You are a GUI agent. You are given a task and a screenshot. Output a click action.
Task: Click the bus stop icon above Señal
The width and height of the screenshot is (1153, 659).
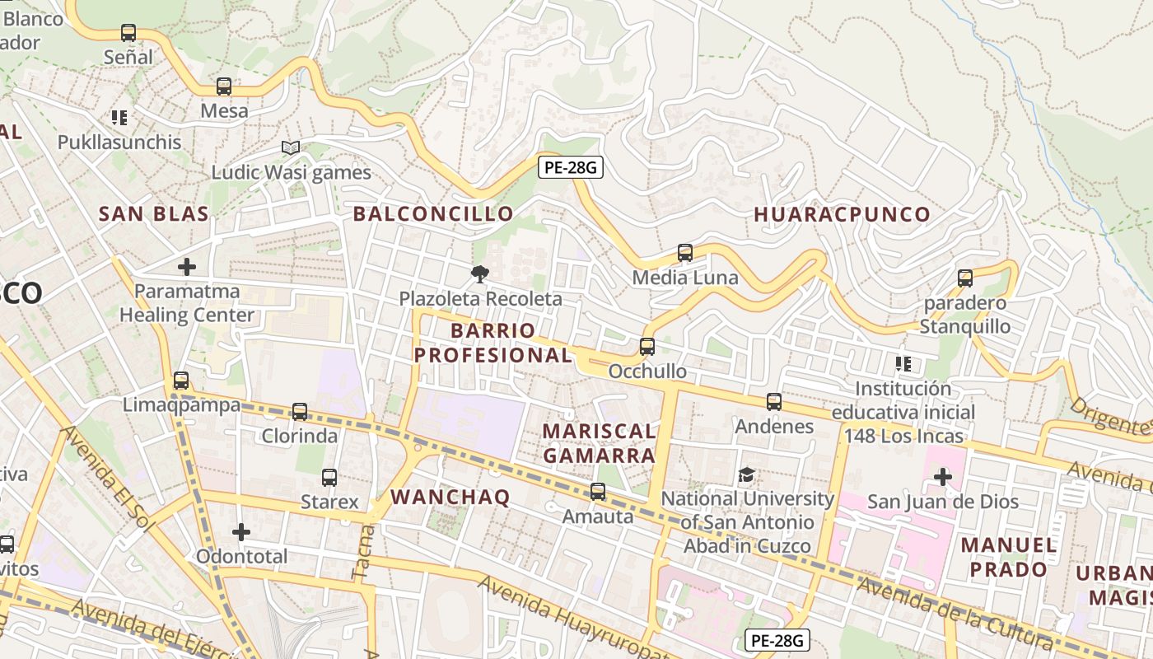point(128,33)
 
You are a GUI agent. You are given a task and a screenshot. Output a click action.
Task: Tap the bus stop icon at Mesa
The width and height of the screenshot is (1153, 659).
point(224,86)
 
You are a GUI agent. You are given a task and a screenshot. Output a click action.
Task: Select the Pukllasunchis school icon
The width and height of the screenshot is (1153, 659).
point(119,118)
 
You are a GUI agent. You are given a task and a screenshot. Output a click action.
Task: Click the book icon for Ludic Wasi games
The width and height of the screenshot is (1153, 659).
point(290,147)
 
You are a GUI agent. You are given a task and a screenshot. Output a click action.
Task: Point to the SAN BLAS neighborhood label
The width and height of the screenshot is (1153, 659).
point(153,214)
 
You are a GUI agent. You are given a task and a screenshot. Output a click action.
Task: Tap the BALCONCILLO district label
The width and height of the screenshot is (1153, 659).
point(433,214)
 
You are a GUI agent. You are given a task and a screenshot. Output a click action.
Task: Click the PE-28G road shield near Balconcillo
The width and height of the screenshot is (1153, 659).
point(571,167)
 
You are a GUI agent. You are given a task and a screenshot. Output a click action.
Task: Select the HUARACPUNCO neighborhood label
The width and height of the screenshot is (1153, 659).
point(842,214)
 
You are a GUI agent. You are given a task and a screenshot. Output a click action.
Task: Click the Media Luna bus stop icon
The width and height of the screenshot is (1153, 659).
point(685,253)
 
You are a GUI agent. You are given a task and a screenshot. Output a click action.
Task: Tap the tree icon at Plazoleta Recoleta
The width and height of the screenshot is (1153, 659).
point(480,274)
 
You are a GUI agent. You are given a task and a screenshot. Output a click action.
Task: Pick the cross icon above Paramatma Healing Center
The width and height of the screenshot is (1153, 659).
point(187,267)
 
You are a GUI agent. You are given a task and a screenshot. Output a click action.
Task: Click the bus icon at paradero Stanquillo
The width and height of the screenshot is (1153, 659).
point(965,278)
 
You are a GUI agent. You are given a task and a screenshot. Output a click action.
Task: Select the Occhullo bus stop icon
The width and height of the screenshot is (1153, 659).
point(647,347)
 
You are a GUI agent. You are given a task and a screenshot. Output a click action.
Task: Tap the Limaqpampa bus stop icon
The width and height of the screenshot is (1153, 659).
point(181,381)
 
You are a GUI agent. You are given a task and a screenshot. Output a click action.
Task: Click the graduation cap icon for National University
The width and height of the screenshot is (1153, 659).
point(747,474)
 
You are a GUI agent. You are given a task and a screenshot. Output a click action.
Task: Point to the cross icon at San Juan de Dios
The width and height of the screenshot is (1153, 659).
point(943,477)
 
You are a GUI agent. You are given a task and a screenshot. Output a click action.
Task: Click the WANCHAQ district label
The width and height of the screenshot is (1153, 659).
point(450,497)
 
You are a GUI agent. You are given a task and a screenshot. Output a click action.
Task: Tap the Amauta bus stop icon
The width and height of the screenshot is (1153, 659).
point(598,492)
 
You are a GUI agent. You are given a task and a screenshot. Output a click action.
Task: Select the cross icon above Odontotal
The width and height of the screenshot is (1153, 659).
point(241,532)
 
